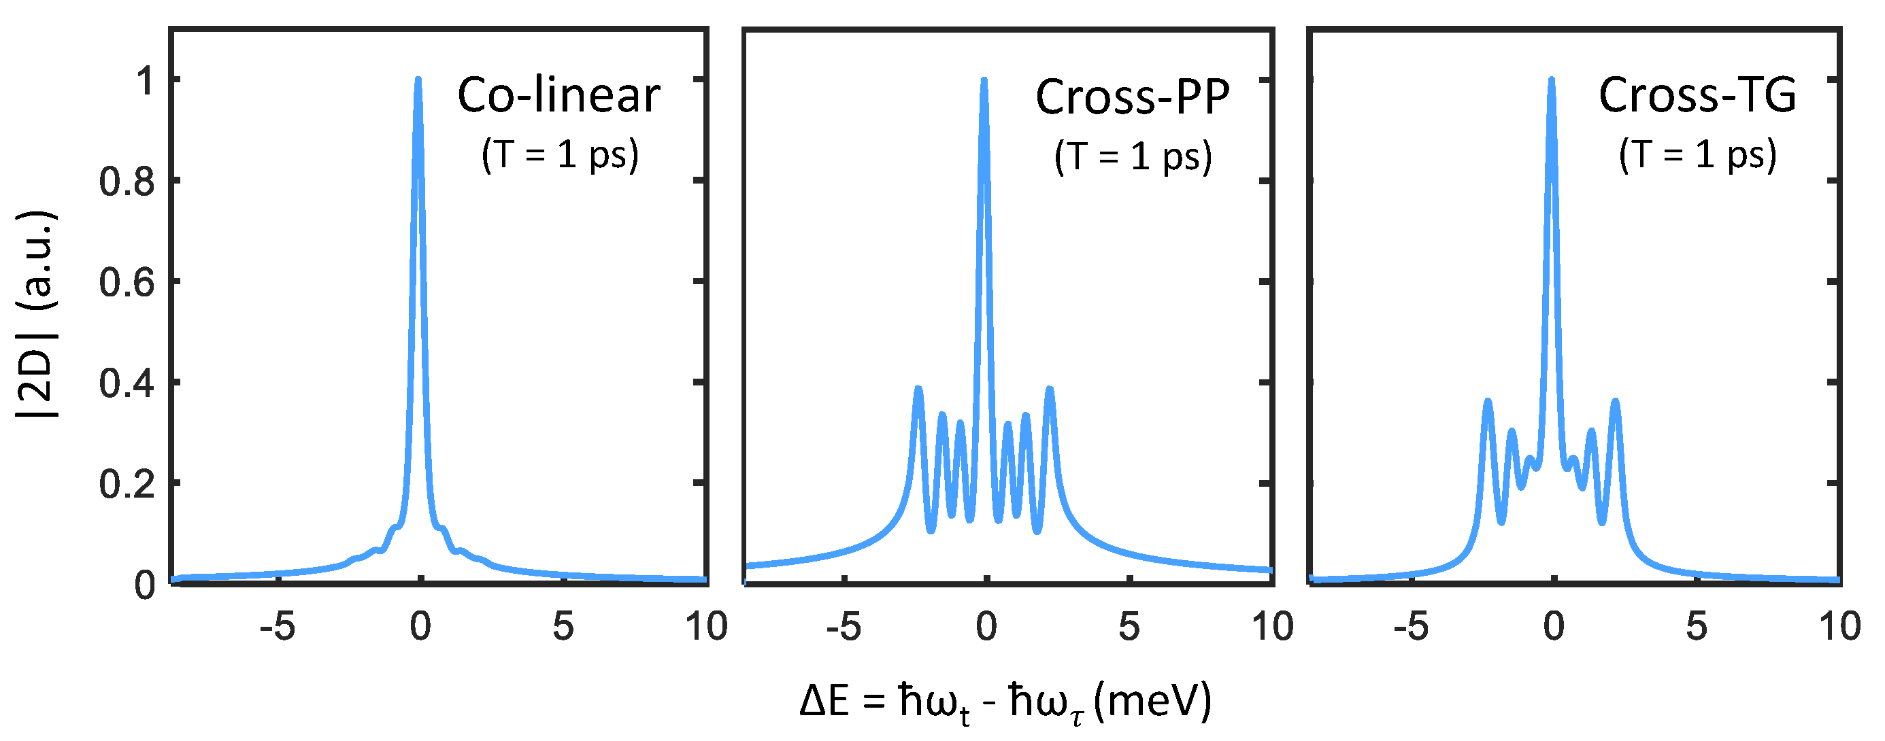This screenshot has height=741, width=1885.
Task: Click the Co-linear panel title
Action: click(558, 95)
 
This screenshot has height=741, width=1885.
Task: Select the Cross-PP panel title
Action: click(1132, 97)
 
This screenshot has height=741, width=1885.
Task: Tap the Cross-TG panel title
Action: click(1697, 95)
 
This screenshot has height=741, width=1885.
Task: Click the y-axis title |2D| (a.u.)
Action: click(37, 315)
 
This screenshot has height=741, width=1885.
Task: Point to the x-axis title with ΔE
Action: click(1005, 702)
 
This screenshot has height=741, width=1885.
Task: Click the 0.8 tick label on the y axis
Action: click(127, 182)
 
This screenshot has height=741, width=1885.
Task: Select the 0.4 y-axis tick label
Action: click(127, 383)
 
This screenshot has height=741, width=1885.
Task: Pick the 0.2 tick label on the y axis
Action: click(127, 484)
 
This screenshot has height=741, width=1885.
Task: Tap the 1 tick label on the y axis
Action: click(146, 80)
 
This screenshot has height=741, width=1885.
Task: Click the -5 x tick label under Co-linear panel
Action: click(278, 627)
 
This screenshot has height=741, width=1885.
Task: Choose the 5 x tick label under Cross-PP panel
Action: click(1129, 627)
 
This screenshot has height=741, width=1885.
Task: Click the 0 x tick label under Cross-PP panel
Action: click(986, 627)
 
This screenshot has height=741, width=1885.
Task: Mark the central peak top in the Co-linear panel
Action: click(418, 80)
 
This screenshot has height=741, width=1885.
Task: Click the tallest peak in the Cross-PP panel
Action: click(984, 80)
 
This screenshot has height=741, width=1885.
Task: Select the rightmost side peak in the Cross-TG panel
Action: click(1615, 402)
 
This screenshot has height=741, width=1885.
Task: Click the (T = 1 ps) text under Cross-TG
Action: click(1698, 155)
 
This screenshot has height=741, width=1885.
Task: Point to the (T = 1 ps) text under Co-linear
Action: click(560, 155)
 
